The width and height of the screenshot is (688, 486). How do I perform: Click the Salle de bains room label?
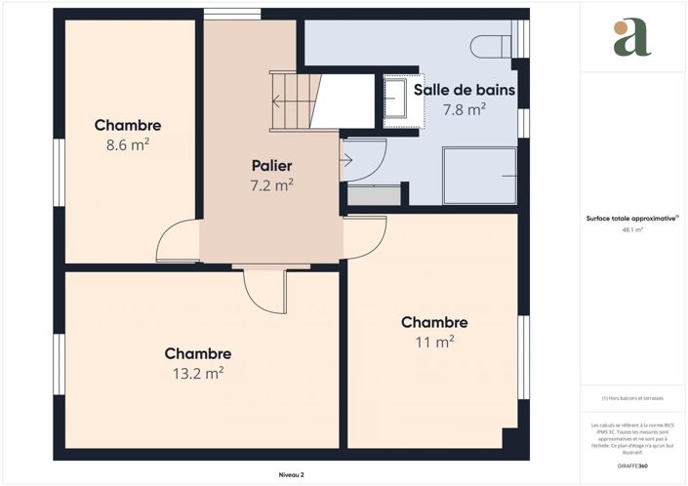click(x=465, y=90)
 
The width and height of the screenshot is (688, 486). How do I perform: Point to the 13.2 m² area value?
click(x=198, y=372)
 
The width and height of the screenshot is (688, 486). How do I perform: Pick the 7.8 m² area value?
click(x=465, y=109)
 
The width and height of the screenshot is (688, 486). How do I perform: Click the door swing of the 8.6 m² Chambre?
click(x=179, y=242)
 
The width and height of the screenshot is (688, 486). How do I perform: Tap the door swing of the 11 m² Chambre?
click(x=364, y=237)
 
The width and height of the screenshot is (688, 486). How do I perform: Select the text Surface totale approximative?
click(x=630, y=219)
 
